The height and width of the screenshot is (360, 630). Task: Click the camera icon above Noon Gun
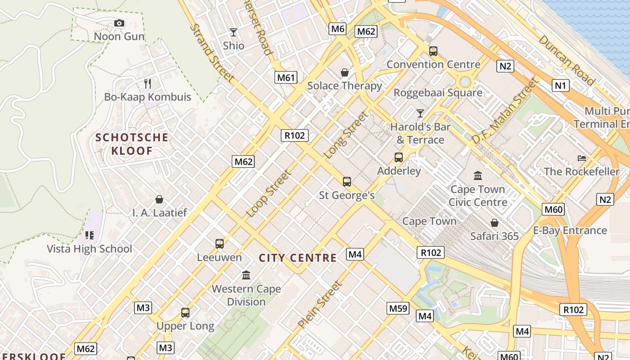[119, 23]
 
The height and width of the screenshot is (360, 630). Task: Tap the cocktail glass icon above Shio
[234, 32]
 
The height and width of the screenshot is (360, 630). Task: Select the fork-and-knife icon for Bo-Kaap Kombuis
[147, 83]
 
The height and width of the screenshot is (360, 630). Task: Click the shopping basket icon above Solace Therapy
[345, 72]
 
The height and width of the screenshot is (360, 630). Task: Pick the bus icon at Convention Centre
[433, 51]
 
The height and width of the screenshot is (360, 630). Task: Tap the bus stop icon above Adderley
[398, 157]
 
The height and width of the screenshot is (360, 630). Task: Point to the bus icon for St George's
[346, 182]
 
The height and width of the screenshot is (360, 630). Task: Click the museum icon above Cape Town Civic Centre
[477, 175]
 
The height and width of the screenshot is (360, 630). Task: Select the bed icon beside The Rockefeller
[582, 158]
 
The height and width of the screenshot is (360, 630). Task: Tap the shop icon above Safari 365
[495, 223]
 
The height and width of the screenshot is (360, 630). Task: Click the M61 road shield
[286, 77]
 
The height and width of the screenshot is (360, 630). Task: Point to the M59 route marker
[398, 308]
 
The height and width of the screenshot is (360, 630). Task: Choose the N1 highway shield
[561, 85]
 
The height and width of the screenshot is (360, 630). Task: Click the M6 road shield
[337, 29]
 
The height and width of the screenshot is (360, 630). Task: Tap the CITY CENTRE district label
[298, 258]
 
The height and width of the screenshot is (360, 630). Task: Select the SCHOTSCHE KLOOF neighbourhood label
[132, 144]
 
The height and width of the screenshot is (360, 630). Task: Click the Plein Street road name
[320, 304]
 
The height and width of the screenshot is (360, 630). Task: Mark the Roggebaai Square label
[438, 93]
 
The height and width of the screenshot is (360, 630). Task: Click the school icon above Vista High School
[89, 235]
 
